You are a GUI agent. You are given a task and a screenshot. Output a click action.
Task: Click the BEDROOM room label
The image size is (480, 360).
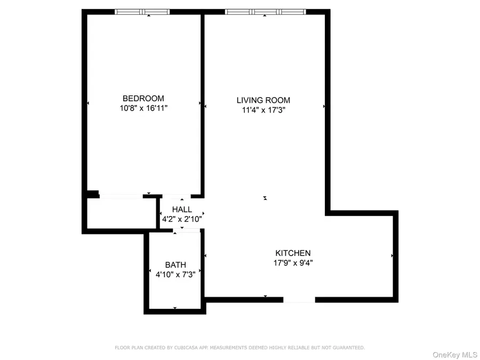[x=143, y=98]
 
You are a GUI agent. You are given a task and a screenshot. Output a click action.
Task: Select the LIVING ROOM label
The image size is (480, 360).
[x=263, y=100]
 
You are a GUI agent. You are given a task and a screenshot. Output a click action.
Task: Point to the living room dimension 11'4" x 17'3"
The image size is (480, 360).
[x=263, y=110]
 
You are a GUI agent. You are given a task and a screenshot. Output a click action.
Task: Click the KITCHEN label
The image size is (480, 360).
[x=293, y=253]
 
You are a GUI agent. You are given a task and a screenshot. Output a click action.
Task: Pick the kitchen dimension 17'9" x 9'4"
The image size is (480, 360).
[x=293, y=262]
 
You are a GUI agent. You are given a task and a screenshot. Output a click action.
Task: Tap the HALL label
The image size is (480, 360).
[x=181, y=210]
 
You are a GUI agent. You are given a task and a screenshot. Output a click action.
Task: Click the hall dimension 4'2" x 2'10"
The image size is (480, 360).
[x=181, y=219]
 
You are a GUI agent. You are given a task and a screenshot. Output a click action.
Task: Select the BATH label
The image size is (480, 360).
[x=175, y=265]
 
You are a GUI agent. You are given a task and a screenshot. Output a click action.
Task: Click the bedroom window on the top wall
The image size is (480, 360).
[x=142, y=12]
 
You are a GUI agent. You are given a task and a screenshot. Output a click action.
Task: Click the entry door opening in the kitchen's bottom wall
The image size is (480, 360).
[x=299, y=300]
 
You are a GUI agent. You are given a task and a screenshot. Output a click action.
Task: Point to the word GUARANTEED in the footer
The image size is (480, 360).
[x=345, y=348]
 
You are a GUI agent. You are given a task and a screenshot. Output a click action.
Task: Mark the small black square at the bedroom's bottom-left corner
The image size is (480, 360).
[x=93, y=195]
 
